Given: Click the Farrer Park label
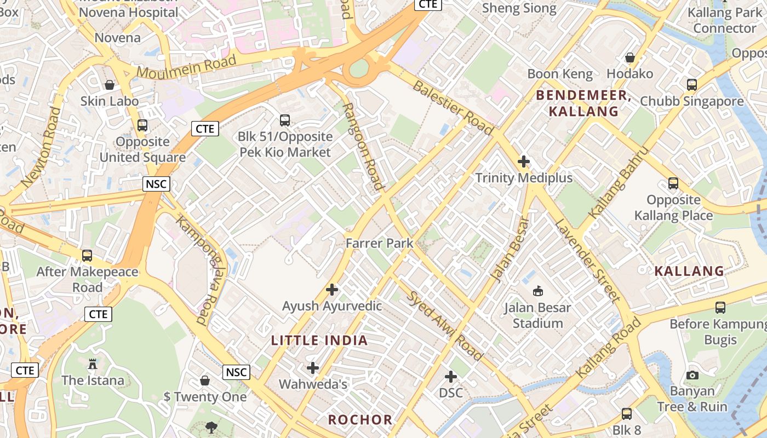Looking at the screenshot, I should pos(379,243).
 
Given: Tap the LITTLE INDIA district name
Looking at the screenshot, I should pos(319,341).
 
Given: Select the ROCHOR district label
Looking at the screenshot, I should pos(360,420).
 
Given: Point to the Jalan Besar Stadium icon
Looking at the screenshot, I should pos(538,291).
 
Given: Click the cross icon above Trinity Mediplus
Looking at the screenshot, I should pos(524,162).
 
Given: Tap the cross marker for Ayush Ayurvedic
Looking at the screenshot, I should pos(332,290).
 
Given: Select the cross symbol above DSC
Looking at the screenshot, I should pos(451,377).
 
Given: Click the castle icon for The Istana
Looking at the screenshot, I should pos(92,364).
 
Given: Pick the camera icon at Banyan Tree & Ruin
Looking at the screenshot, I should pos(692,375).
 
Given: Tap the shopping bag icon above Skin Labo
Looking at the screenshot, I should pos(110,85).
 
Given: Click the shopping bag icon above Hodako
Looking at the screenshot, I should pos(630,57).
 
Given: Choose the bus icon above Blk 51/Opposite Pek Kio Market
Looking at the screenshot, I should pos(284,120).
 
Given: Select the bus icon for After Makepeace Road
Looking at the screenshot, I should pos(87,256).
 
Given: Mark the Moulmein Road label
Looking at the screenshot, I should pos(186,68).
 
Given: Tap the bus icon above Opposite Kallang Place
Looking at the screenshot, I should pos(673,183).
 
